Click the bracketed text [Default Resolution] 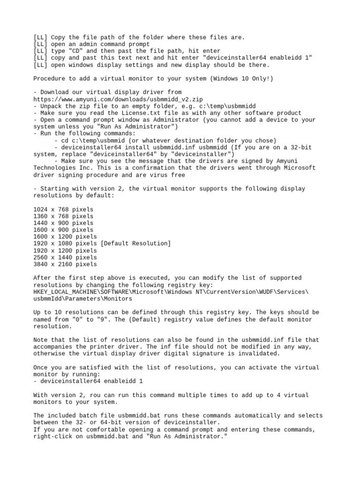(x=136, y=243)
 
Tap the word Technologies (x=54, y=168)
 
